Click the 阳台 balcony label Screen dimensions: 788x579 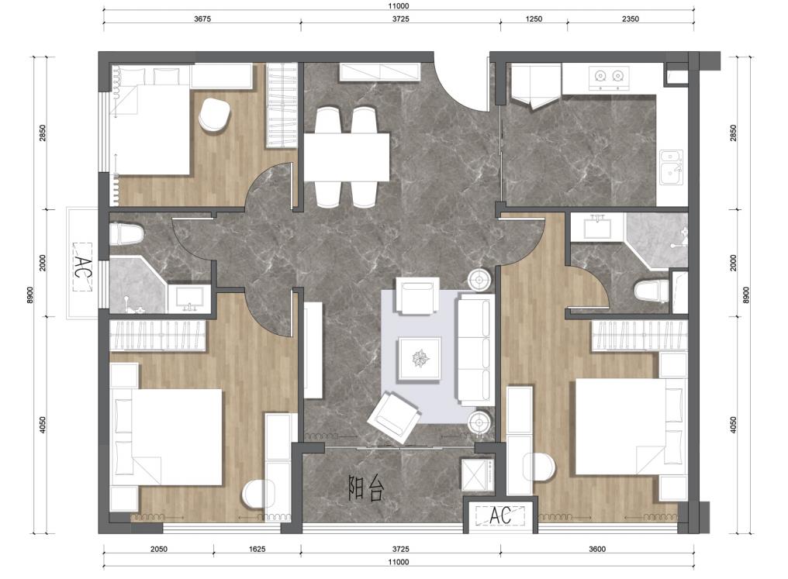(x=366, y=488)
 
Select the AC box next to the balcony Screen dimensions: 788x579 (x=500, y=515)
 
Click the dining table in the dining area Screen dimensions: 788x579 (x=346, y=157)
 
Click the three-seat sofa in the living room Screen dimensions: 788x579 (x=475, y=350)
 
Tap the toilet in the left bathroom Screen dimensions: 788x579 (x=126, y=234)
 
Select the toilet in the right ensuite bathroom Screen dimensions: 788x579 (x=651, y=291)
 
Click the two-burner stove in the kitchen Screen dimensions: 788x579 (x=609, y=78)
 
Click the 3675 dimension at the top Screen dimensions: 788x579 (x=202, y=19)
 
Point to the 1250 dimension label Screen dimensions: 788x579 (x=534, y=19)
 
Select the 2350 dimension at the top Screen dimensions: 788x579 (x=631, y=19)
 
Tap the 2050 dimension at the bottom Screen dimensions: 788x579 (x=158, y=549)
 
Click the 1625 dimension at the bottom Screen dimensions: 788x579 (x=257, y=549)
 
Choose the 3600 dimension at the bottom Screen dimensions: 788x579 (x=597, y=549)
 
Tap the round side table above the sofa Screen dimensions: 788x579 (x=479, y=279)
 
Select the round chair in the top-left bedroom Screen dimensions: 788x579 (x=215, y=115)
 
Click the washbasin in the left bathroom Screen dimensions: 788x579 (x=189, y=298)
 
